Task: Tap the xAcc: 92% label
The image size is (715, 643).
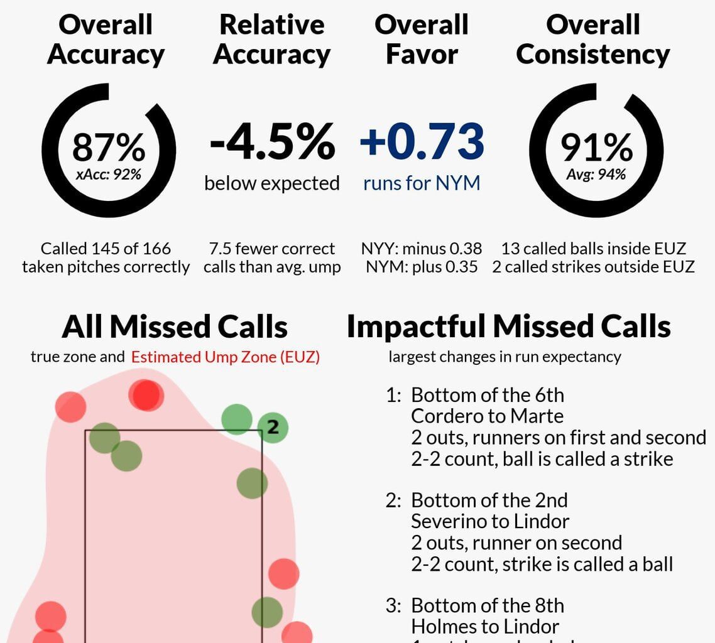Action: pyautogui.click(x=108, y=174)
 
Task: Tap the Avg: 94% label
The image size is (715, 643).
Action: pyautogui.click(x=596, y=174)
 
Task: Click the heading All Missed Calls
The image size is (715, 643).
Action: pyautogui.click(x=175, y=327)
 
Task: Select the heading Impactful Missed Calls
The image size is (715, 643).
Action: pyautogui.click(x=508, y=327)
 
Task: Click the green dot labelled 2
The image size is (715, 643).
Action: pyautogui.click(x=273, y=428)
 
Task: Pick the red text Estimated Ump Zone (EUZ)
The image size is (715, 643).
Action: pyautogui.click(x=225, y=357)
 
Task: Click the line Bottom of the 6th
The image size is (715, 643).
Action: pyautogui.click(x=488, y=395)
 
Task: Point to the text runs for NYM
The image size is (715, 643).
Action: pyautogui.click(x=422, y=183)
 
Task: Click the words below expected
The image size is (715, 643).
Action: pyautogui.click(x=272, y=183)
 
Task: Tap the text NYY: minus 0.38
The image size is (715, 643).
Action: pyautogui.click(x=422, y=249)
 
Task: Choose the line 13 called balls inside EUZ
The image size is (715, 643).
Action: pyautogui.click(x=593, y=249)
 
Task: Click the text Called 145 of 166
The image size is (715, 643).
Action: pyautogui.click(x=106, y=249)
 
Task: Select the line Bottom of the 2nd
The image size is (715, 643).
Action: pyautogui.click(x=489, y=500)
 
